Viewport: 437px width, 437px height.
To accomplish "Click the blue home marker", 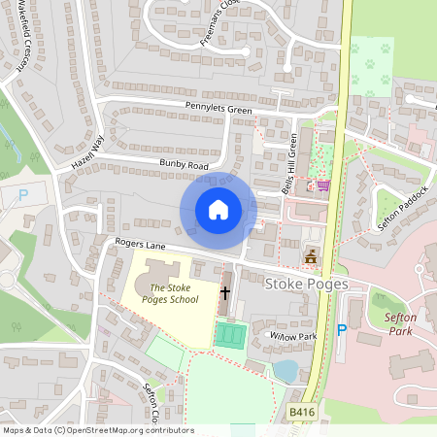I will (x=218, y=210).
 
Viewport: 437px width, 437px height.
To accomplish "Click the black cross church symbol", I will (x=226, y=291).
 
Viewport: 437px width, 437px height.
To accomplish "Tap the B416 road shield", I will (x=302, y=413).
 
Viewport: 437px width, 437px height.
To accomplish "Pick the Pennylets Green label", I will (x=212, y=109).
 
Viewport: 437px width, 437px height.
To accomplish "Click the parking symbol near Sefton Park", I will (x=341, y=330).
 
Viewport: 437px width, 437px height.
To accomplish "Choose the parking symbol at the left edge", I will (x=23, y=195).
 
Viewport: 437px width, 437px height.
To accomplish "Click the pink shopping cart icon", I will (x=322, y=185).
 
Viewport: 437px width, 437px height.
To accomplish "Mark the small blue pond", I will (x=285, y=370).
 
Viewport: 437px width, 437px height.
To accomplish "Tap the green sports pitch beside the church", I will (x=231, y=336).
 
